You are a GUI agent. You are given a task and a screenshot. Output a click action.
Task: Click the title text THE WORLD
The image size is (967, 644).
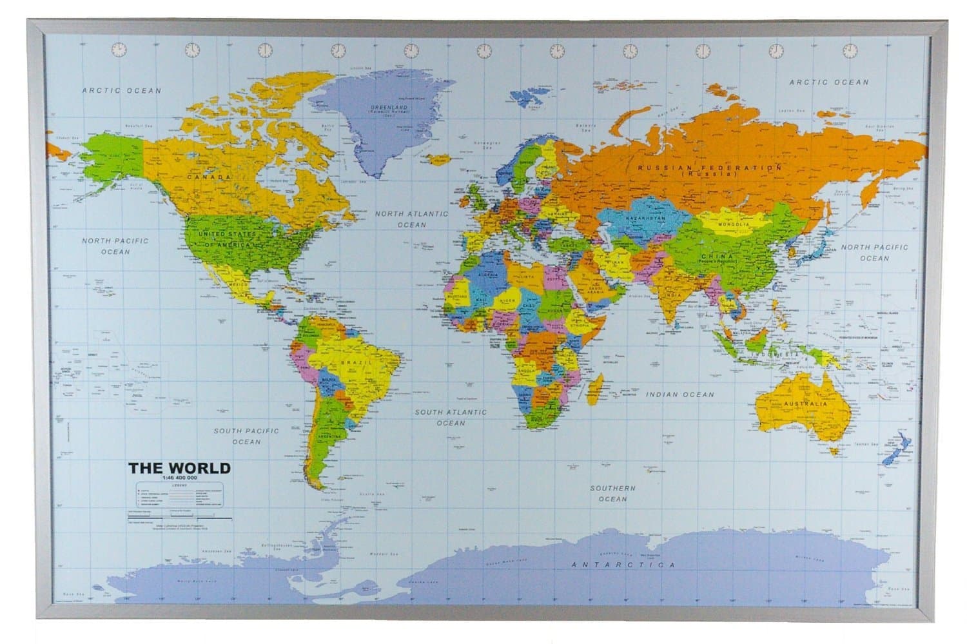[x=179, y=467]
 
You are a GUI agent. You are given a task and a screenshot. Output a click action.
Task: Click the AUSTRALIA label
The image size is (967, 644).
[x=803, y=404]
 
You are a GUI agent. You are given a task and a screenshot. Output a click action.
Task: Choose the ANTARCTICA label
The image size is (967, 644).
[x=623, y=565]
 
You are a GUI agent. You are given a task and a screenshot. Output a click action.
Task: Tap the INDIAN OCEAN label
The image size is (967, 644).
[x=680, y=395]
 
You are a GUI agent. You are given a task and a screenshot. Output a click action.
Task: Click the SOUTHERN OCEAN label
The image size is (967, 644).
[x=612, y=493]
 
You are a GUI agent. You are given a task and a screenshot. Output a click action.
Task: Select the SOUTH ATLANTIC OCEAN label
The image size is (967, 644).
[x=451, y=417]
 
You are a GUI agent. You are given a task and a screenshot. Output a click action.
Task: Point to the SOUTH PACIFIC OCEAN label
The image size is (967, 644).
[x=246, y=436]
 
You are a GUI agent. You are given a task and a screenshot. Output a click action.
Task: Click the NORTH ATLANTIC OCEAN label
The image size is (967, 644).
[x=411, y=219]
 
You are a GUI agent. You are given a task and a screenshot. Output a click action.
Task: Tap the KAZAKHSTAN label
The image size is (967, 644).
[x=645, y=219]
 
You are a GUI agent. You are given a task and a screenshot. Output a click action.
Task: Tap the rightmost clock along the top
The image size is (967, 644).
[x=850, y=50]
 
